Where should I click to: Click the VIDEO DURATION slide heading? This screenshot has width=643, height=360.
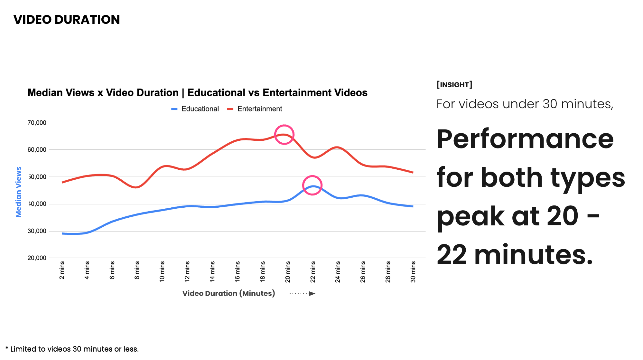point(67,20)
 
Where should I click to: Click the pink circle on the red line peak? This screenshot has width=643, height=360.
point(284,135)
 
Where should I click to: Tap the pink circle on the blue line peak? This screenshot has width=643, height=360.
point(312,185)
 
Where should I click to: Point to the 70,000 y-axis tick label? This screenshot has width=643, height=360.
point(37,123)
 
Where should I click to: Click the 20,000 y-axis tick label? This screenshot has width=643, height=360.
point(37,258)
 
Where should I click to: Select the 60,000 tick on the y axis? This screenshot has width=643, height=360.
point(37,150)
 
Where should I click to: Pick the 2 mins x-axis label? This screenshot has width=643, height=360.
point(62,270)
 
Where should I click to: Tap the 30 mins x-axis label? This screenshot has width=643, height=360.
point(413,272)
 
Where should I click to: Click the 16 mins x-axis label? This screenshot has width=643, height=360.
point(238,272)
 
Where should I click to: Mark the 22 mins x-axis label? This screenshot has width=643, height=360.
point(313,272)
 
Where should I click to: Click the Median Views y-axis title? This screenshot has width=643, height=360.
point(19,192)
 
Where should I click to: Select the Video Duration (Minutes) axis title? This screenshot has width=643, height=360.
point(228,293)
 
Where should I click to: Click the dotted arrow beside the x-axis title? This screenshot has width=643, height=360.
point(302,293)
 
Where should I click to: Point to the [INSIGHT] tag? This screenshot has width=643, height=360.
point(454,85)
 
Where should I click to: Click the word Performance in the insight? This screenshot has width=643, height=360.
point(525,139)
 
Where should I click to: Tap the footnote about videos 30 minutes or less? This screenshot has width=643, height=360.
point(72,349)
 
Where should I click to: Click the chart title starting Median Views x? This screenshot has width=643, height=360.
point(197,93)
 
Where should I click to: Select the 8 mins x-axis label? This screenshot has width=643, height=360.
point(137,270)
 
